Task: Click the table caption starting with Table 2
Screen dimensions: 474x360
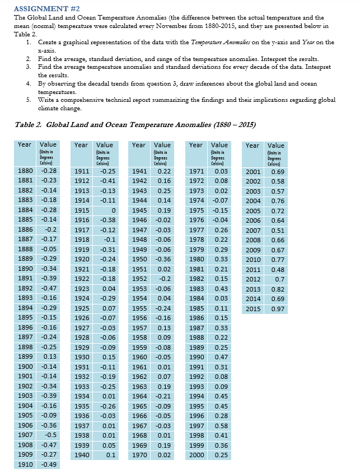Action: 132,124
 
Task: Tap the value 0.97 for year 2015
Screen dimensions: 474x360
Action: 277,309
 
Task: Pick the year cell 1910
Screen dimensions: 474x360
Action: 25,464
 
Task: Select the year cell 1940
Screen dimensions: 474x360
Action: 82,455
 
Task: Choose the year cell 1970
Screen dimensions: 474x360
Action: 139,455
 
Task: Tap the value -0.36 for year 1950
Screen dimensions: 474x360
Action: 162,259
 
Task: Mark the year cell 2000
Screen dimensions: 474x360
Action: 196,455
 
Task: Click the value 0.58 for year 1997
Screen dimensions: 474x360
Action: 221,425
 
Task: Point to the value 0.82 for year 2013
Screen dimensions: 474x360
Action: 277,289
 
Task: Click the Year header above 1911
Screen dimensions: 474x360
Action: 81,145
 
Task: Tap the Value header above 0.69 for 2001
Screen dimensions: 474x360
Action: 276,146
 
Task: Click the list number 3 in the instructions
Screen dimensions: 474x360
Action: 29,67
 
